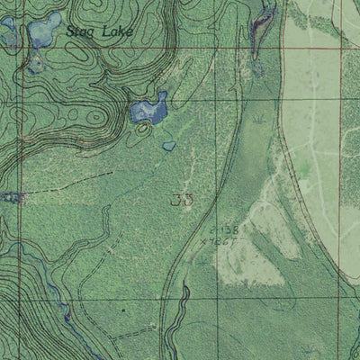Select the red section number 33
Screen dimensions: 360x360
(x=181, y=200)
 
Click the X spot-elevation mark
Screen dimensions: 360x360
(x=206, y=241)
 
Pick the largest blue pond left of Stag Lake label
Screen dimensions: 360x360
(x=40, y=34)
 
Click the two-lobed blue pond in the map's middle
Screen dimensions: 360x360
(x=148, y=111)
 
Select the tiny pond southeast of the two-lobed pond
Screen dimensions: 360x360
(x=169, y=145)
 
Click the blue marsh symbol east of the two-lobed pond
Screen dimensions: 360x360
(x=259, y=118)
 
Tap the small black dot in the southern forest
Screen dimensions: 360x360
(x=123, y=309)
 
